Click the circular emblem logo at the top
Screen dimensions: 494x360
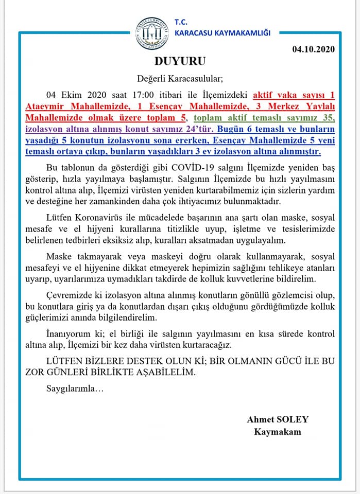coord(152,34)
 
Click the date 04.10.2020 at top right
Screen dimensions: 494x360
coord(313,50)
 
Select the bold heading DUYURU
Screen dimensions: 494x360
coord(180,62)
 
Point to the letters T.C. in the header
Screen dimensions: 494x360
coord(181,22)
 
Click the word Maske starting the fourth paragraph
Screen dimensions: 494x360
coord(57,256)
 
